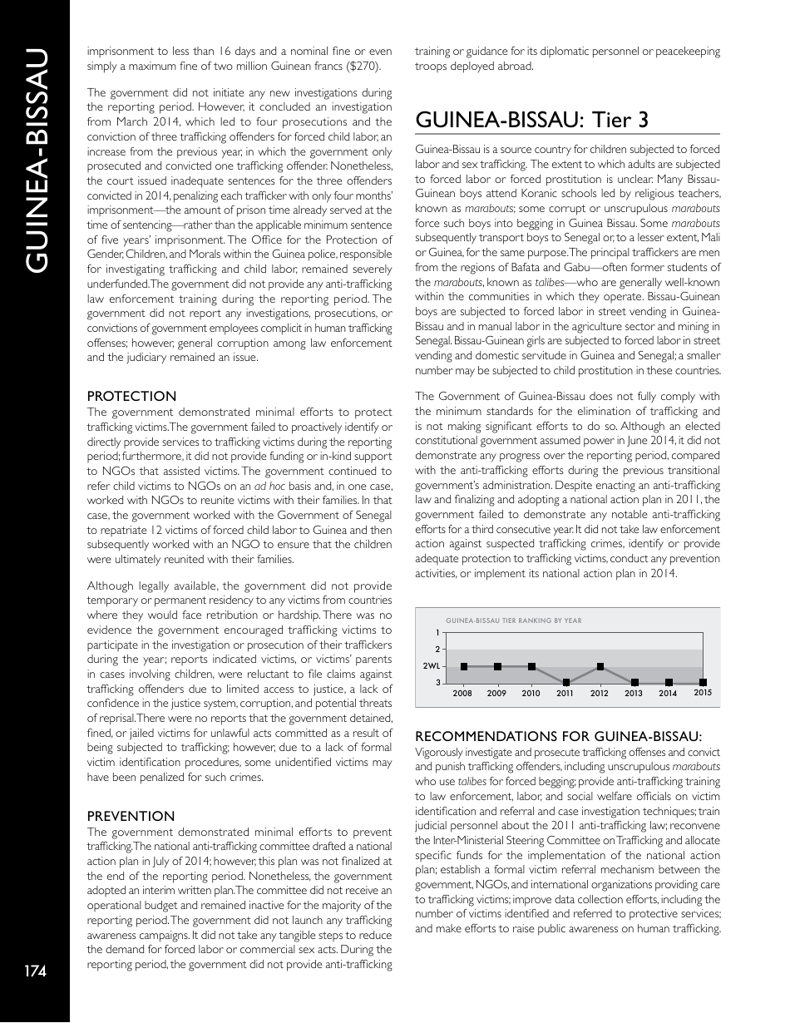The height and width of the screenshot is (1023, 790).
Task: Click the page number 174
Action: point(35,971)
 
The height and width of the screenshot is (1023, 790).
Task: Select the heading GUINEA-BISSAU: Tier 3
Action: point(531,121)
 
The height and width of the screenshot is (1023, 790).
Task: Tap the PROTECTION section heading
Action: point(131,396)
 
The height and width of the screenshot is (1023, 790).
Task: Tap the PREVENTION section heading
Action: point(131,816)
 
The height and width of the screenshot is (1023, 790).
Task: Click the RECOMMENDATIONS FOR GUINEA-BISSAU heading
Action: point(559,736)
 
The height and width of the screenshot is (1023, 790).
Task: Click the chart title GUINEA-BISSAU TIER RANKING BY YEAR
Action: point(514,620)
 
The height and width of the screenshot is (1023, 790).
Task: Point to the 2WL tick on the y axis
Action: point(432,666)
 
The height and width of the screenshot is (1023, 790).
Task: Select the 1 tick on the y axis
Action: point(437,633)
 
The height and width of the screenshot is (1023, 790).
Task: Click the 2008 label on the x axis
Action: point(463,694)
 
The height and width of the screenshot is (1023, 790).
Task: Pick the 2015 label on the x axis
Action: point(703,693)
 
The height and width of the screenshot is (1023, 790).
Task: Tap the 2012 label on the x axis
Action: point(600,694)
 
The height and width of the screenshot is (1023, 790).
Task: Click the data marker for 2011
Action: point(565,683)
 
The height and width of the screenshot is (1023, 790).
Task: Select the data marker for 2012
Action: point(600,666)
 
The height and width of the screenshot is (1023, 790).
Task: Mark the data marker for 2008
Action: point(463,666)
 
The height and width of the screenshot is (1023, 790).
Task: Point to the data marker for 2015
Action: point(703,683)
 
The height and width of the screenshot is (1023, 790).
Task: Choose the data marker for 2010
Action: point(531,666)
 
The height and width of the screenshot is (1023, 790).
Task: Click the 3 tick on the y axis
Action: point(437,683)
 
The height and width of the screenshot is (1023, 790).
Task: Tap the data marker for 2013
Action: point(634,683)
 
